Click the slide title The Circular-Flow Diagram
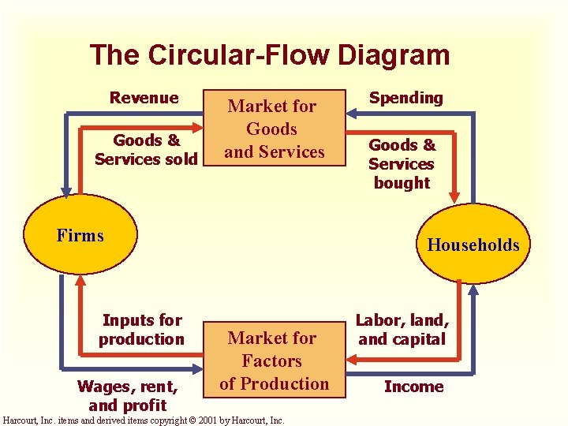coord(270,55)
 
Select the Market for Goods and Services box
coord(273,128)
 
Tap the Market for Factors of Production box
coord(273,361)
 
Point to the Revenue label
coord(144,98)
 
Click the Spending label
coord(406,98)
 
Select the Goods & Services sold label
coord(146,149)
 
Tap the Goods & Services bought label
coord(402,163)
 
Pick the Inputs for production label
coord(141,330)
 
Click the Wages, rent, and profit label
coord(127,395)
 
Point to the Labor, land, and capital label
coord(402,330)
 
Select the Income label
coord(413,387)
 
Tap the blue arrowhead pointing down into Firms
coord(65,189)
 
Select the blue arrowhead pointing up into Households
coord(473,290)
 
